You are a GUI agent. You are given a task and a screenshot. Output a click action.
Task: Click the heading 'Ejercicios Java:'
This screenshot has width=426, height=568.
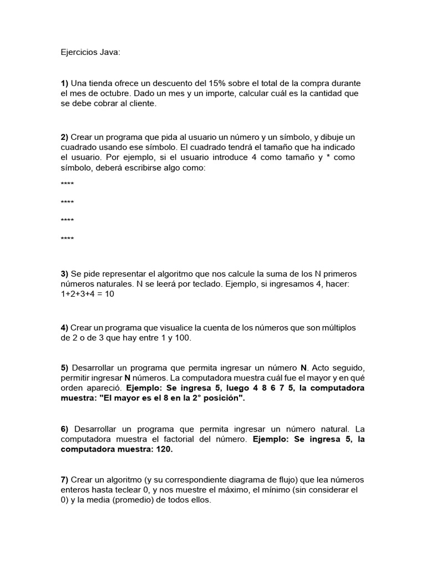coord(90,53)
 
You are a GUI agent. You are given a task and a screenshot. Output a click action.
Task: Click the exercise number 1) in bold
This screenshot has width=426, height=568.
coord(64,83)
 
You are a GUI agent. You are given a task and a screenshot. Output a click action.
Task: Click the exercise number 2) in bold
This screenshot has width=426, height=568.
coord(64,137)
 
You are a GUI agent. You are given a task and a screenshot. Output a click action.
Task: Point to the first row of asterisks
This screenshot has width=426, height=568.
coord(67,184)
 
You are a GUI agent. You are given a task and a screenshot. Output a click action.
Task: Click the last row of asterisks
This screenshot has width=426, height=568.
coord(67,239)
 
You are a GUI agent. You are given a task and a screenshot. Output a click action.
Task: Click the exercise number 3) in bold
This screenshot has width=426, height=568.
coord(64,274)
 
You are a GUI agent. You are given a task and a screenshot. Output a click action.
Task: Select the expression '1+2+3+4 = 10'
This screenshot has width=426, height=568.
coord(87,294)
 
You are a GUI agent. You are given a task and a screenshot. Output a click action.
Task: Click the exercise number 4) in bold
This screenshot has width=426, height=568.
coord(64,328)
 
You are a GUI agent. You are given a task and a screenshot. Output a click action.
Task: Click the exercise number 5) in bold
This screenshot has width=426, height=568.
coord(64,368)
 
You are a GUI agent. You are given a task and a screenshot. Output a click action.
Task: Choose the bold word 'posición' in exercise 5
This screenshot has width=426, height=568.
coord(222,398)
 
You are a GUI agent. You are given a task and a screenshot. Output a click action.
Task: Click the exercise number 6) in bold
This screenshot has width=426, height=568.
coord(64,429)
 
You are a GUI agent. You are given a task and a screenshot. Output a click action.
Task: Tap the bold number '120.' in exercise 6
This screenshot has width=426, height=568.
coord(164,449)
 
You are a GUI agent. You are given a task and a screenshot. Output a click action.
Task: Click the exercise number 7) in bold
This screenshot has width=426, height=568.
coord(64,480)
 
